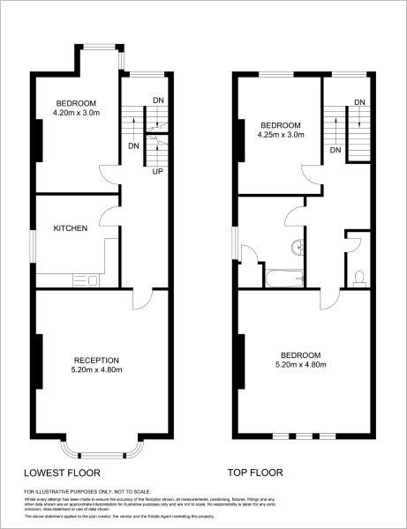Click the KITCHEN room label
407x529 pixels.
[x=71, y=229]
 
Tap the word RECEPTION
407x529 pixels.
[x=96, y=360]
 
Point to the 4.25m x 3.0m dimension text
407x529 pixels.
[x=281, y=136]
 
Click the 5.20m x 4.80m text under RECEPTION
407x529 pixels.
[x=96, y=370]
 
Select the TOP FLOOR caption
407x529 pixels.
[x=256, y=472]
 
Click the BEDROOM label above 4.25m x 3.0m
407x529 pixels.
[x=281, y=125]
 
